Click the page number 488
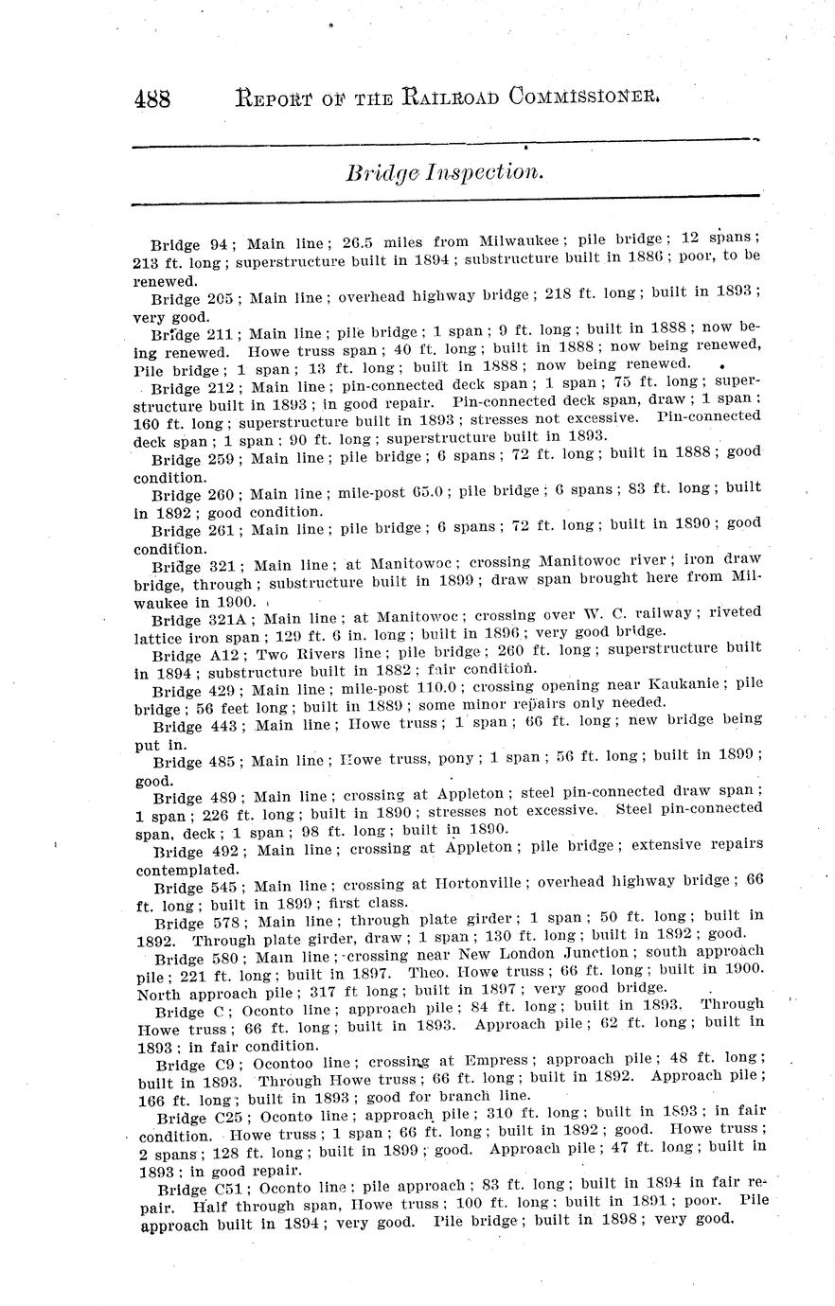point(151,97)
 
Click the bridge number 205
point(220,298)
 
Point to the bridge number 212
point(220,387)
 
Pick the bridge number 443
point(222,726)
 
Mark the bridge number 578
point(222,923)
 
